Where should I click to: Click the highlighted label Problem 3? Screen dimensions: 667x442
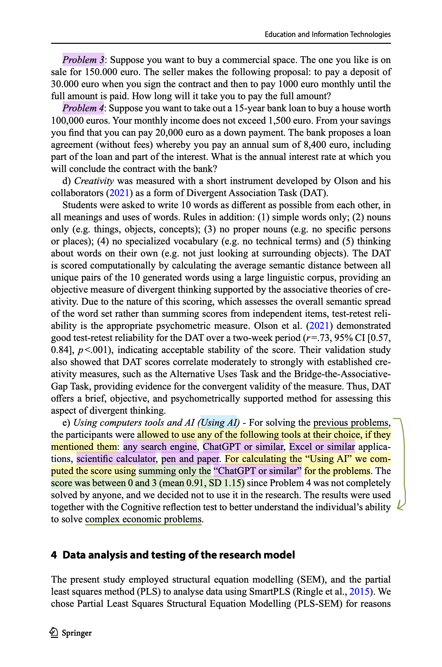coord(83,60)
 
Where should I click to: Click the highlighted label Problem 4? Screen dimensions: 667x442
coord(83,108)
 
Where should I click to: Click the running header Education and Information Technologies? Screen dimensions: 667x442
coord(328,34)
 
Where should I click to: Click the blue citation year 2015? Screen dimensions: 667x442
coord(359,591)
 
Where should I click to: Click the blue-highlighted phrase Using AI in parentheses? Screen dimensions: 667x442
coord(219,422)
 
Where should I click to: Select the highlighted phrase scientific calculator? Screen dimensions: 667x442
coord(116,459)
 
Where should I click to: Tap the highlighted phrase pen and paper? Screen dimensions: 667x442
coord(190,459)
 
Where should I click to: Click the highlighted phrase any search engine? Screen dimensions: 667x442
coord(160,447)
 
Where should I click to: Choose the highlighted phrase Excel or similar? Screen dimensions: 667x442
coord(322,447)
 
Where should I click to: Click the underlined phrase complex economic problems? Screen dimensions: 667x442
coord(143,519)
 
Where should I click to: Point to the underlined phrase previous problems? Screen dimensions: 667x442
coord(351,422)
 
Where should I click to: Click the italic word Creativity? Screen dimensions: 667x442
coord(94,181)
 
